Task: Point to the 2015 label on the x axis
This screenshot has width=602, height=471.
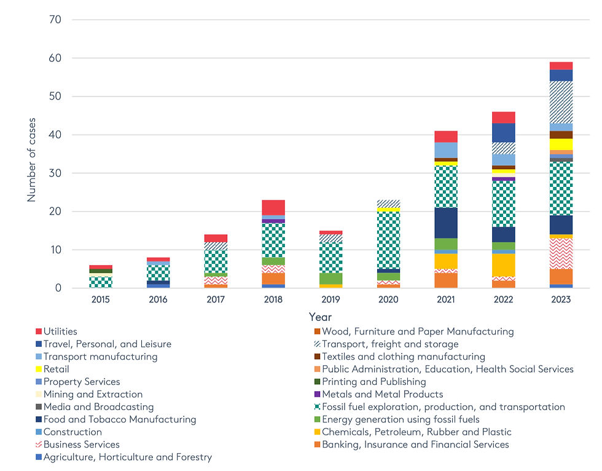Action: [101, 299]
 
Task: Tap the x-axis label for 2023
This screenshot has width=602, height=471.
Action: [561, 299]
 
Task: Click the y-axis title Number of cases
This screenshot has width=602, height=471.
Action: [31, 159]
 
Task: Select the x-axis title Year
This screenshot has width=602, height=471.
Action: [320, 317]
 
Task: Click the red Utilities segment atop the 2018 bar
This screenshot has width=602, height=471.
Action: [273, 207]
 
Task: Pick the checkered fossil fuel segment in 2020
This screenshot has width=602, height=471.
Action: [388, 240]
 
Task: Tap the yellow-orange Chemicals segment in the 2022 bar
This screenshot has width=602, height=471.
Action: [503, 265]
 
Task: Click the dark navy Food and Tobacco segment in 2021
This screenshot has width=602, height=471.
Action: [446, 223]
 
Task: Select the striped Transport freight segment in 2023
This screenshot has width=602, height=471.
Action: [561, 102]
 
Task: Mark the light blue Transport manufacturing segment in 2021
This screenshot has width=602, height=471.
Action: [446, 150]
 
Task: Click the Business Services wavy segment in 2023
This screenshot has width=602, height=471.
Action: [561, 253]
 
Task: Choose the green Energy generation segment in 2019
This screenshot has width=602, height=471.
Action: [331, 279]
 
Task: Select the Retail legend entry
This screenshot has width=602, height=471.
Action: [56, 369]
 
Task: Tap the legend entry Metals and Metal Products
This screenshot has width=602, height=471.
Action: [382, 394]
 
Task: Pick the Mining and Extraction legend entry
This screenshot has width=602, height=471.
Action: [93, 394]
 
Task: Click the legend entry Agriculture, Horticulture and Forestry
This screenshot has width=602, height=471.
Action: [127, 457]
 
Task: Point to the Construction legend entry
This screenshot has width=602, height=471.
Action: [72, 432]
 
